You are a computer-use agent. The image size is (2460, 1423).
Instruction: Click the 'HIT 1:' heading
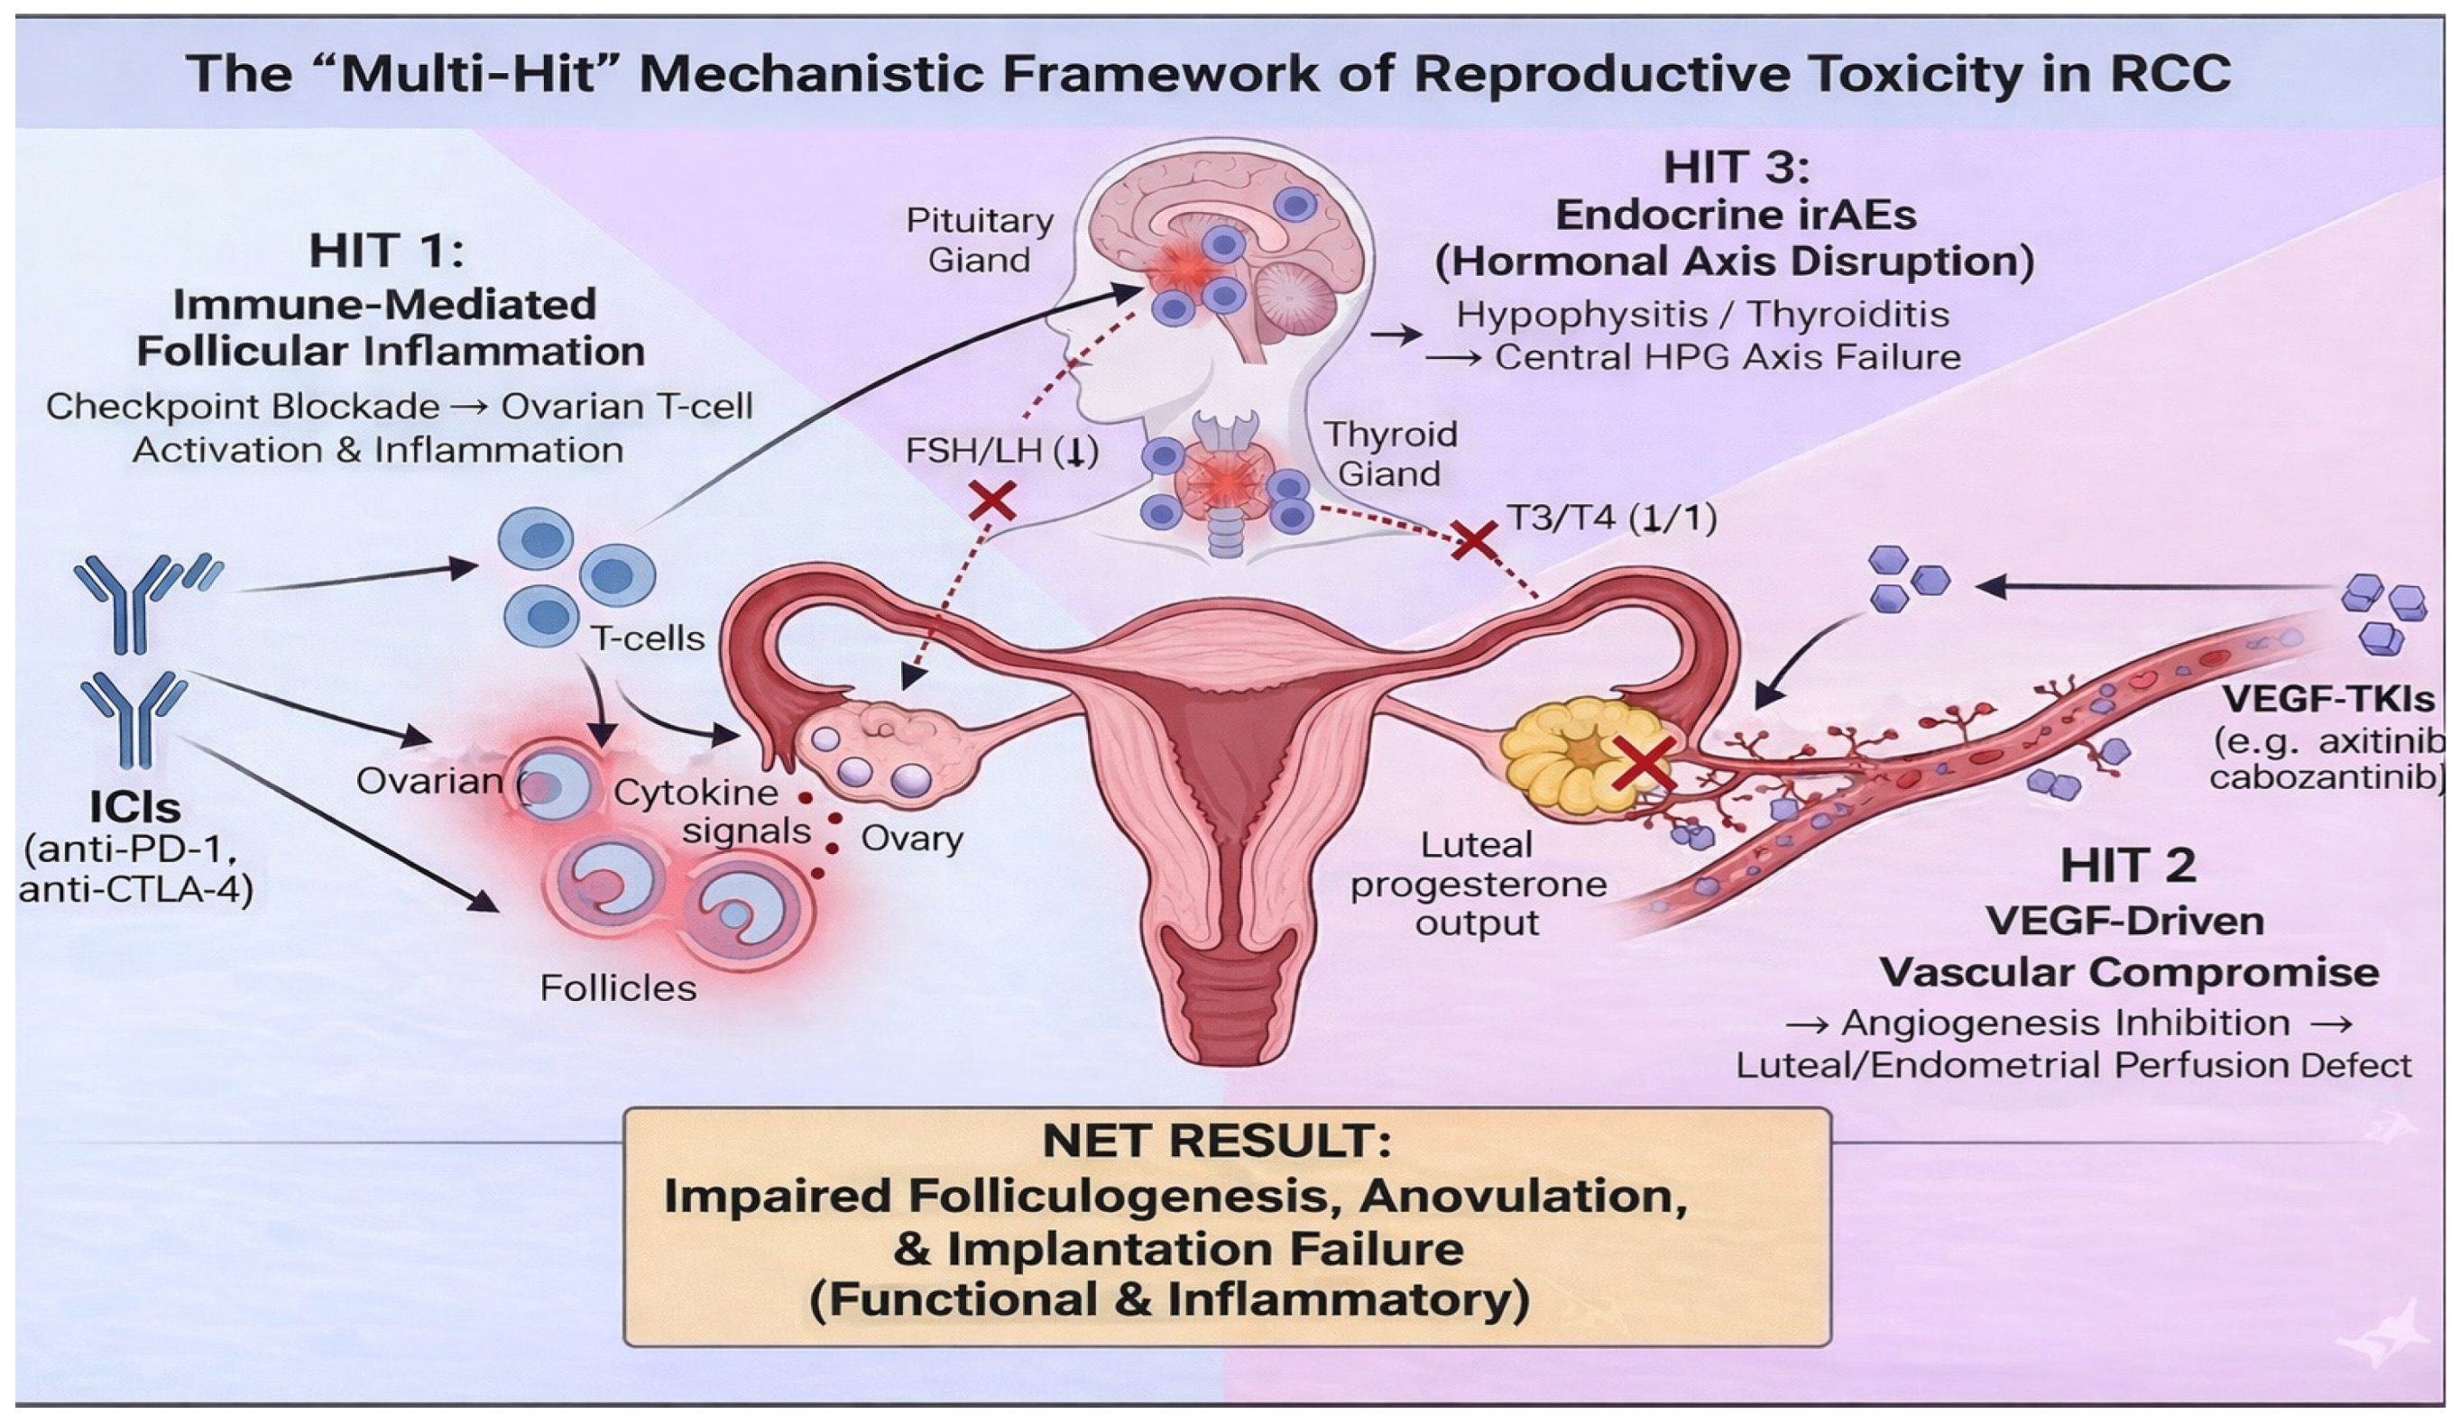[x=387, y=251]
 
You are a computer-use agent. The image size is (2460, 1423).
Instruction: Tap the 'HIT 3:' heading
[x=1736, y=167]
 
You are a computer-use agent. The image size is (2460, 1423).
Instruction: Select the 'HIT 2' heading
[x=2128, y=866]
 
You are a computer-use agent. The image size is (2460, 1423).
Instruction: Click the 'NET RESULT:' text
[x=1217, y=1141]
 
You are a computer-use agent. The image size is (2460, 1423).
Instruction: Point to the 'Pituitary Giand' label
[x=979, y=240]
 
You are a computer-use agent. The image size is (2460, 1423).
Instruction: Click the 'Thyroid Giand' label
[x=1389, y=454]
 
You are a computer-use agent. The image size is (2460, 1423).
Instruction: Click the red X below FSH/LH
[x=991, y=502]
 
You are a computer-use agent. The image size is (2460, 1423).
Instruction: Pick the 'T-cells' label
[x=647, y=638]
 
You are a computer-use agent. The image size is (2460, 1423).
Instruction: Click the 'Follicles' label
[x=618, y=988]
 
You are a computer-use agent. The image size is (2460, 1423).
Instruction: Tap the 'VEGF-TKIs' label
[x=2328, y=699]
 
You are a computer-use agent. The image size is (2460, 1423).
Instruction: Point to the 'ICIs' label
[x=135, y=807]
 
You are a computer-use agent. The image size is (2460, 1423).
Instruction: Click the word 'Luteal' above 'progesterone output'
[x=1476, y=845]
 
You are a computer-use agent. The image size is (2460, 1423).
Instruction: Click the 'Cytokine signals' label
[x=695, y=812]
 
